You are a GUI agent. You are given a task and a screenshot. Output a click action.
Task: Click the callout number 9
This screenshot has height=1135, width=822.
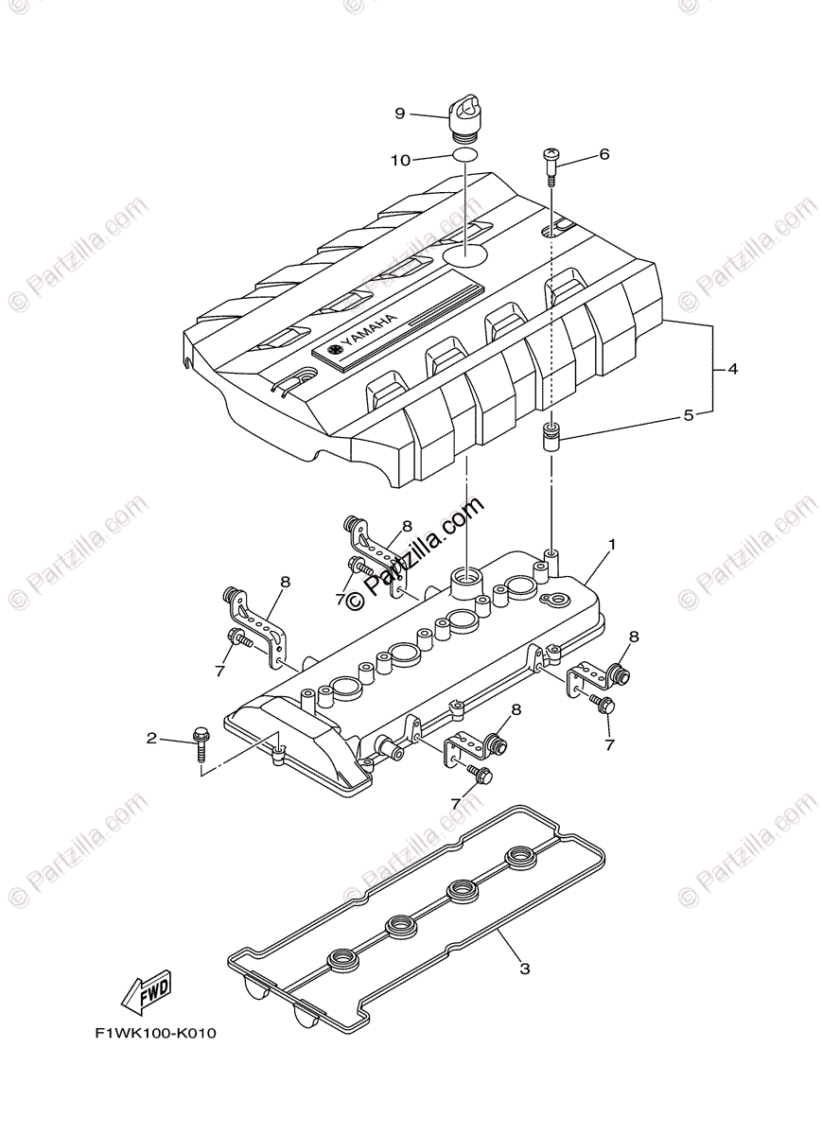399,113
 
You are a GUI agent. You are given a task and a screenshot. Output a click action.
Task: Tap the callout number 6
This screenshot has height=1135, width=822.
603,154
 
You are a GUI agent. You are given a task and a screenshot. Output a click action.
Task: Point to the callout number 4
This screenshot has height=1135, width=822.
732,369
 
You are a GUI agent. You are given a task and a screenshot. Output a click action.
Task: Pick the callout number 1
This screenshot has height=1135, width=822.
612,545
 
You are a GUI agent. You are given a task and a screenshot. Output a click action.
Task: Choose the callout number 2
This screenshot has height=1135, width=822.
151,738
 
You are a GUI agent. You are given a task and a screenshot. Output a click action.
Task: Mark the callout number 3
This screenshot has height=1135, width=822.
522,968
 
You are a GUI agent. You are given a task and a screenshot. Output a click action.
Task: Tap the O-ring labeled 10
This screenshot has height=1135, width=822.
463,156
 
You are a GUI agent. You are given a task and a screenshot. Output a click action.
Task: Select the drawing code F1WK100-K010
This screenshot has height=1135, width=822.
155,1033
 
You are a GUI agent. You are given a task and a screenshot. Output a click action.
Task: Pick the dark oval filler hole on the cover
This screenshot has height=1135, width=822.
465,254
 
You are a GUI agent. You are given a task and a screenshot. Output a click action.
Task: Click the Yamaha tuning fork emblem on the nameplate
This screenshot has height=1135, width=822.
334,351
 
